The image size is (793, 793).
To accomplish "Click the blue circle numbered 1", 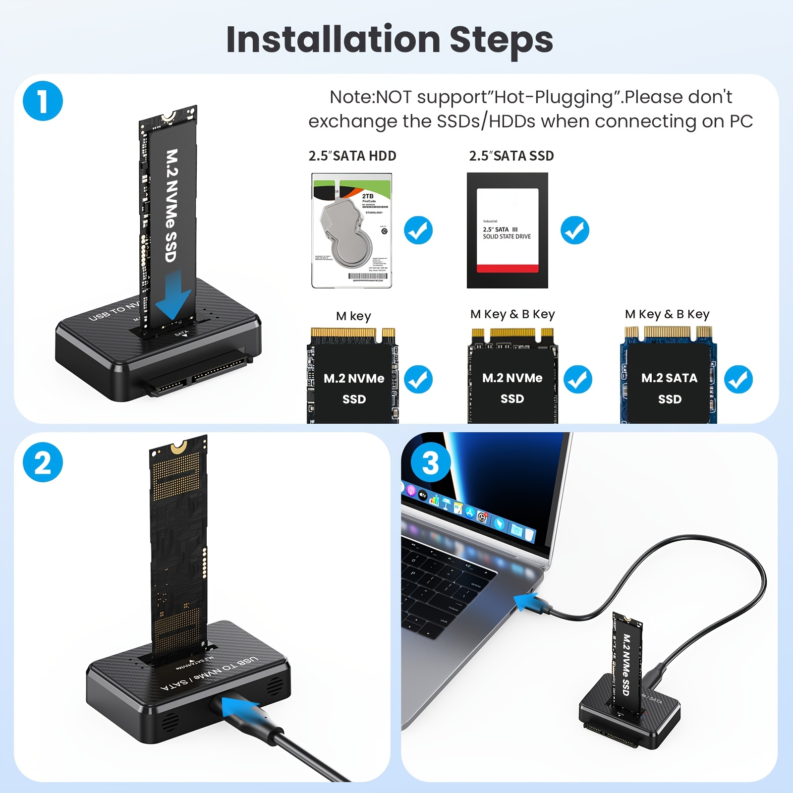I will [43, 101].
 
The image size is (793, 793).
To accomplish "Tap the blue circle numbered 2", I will [43, 462].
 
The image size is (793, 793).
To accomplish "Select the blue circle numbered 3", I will [430, 462].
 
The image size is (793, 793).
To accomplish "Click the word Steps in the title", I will [501, 40].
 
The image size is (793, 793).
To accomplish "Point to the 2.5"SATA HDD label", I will [352, 156].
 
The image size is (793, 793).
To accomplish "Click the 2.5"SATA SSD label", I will [511, 156].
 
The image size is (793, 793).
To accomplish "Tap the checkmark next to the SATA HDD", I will [418, 230].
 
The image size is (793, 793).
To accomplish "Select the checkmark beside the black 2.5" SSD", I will [575, 230].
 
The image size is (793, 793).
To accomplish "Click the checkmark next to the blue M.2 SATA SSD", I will [738, 380].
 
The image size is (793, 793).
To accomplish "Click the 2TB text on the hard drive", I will [368, 196].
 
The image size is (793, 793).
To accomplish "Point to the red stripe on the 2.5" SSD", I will [507, 268].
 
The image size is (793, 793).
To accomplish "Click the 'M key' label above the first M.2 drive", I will [353, 316].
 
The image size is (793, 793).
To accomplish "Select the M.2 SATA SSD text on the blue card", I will [669, 388].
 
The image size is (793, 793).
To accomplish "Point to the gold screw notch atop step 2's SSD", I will [179, 449].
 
